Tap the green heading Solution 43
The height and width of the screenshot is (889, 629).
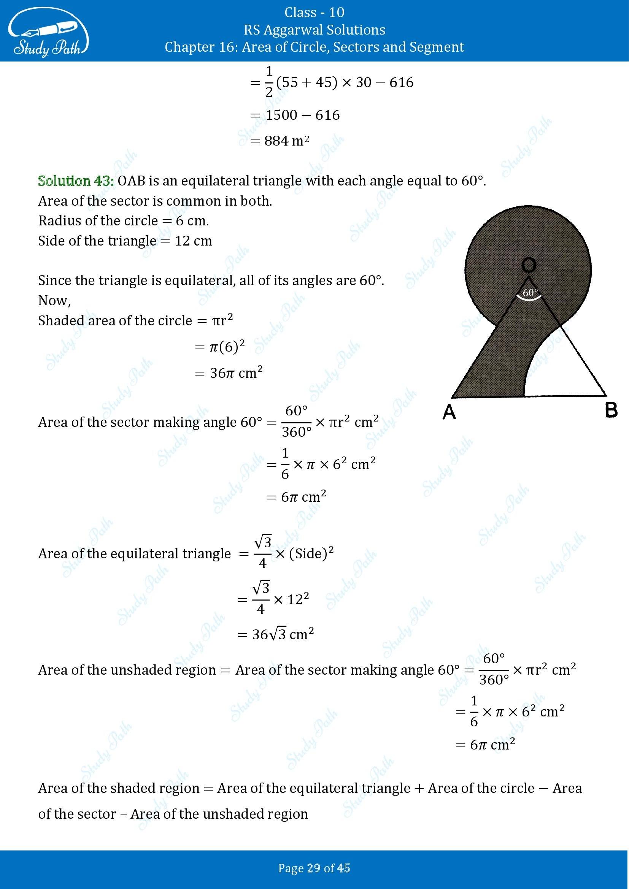(x=76, y=181)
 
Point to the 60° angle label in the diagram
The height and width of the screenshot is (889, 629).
(x=530, y=293)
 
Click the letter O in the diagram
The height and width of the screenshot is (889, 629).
(x=528, y=265)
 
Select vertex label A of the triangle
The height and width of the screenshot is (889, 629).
(x=449, y=413)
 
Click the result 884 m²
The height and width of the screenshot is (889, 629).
(x=286, y=141)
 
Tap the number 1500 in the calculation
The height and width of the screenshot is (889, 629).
(x=282, y=115)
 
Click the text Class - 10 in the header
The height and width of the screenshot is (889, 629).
(x=314, y=13)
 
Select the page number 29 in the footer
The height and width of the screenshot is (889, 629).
(x=314, y=868)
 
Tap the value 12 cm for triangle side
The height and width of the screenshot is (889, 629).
(x=193, y=241)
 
